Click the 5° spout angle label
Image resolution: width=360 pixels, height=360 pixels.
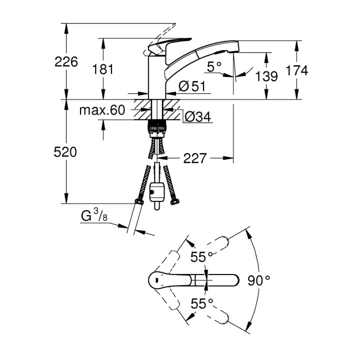pyautogui.click(x=213, y=66)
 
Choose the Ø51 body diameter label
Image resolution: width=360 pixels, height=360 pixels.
pyautogui.click(x=192, y=86)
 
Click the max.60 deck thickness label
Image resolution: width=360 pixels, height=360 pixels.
pyautogui.click(x=101, y=110)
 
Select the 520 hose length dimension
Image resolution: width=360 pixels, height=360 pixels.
pyautogui.click(x=66, y=152)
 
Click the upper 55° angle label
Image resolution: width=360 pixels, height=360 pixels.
pyautogui.click(x=201, y=257)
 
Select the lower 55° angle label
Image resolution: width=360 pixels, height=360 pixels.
pyautogui.click(x=201, y=303)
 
